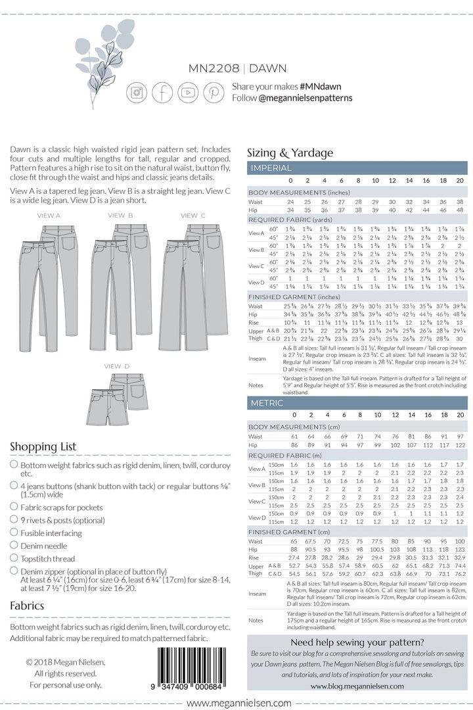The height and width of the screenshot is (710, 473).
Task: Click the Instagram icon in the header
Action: pos(137,92)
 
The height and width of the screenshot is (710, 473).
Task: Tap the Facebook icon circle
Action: pos(162,92)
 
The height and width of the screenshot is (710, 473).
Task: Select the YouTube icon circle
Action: pos(188,92)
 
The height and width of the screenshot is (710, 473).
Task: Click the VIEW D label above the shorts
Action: pos(116,365)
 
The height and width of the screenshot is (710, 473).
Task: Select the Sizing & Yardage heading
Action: pos(290,153)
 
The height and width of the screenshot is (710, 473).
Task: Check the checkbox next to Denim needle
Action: pos(14,546)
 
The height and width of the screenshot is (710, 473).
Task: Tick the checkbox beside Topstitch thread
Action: pos(14,558)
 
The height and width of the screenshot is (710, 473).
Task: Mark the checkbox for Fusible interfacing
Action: pos(14,533)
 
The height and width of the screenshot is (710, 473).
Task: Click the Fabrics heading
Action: pos(27,605)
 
